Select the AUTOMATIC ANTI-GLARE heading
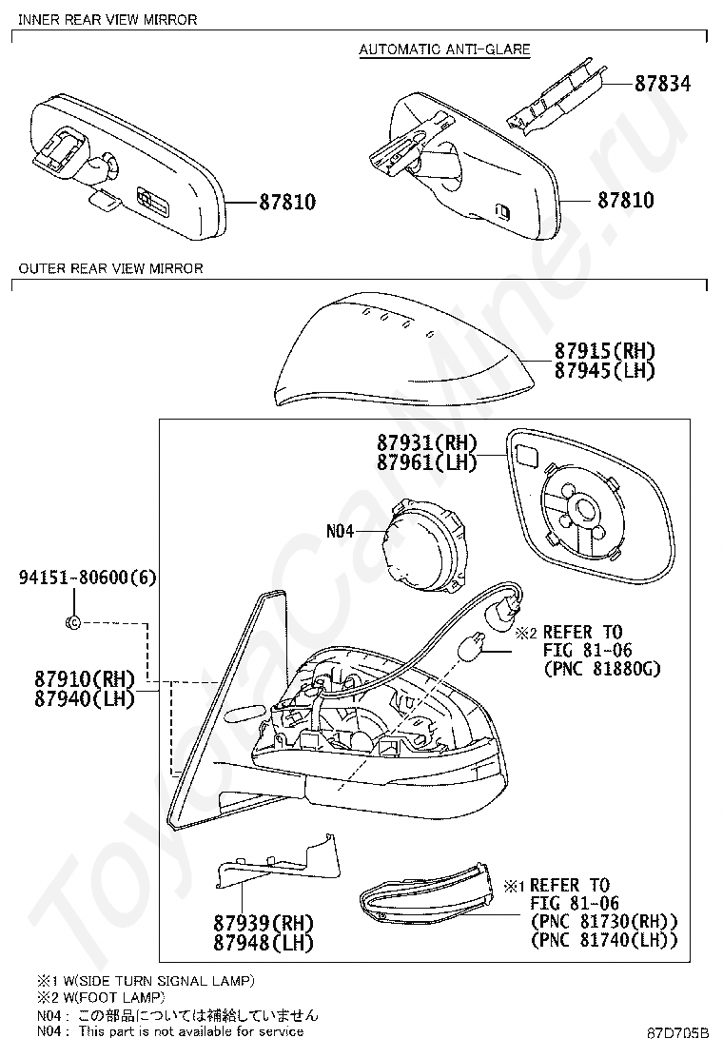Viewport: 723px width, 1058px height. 444,49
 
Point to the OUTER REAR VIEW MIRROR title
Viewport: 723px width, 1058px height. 110,268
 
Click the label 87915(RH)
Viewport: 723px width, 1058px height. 606,351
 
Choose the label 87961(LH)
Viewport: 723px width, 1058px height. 425,462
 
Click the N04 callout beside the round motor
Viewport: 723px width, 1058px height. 341,532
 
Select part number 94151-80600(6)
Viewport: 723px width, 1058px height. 88,578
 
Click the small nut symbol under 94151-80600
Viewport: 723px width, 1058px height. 73,622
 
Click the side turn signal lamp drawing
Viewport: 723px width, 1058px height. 429,898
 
